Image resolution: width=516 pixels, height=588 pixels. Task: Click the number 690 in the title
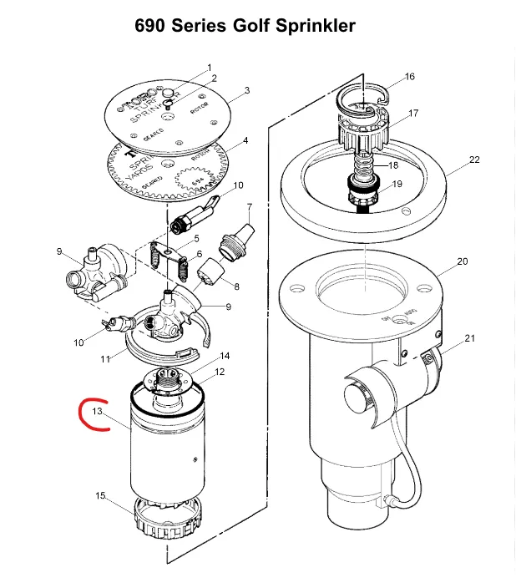point(151,27)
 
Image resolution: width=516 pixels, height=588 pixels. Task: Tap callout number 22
point(474,160)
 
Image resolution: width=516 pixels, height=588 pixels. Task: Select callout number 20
point(463,261)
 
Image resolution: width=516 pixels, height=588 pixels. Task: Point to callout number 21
point(469,338)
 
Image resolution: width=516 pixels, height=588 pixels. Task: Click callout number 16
point(409,77)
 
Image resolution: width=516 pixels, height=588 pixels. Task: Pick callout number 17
point(413,113)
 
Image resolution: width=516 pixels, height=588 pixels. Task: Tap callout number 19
point(397,184)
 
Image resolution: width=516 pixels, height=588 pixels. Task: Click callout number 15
point(101,496)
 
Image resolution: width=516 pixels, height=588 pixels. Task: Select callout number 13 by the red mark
point(98,412)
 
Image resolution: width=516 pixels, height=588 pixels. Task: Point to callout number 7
point(249,206)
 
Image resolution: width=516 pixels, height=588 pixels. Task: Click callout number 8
point(236,287)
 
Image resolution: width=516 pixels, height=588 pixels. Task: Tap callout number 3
point(247,89)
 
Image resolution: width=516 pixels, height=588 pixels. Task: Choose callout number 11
point(106,359)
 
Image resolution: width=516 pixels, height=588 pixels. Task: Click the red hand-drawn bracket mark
point(87,416)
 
